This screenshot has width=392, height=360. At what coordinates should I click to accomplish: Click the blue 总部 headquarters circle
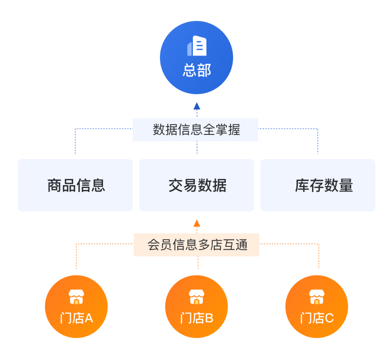pyautogui.click(x=197, y=58)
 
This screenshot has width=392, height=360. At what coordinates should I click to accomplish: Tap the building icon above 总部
pyautogui.click(x=197, y=46)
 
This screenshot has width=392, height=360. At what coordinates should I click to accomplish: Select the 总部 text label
pyautogui.click(x=197, y=71)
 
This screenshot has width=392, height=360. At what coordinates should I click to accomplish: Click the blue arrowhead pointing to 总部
pyautogui.click(x=197, y=106)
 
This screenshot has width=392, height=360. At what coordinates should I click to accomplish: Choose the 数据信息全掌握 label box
pyautogui.click(x=195, y=130)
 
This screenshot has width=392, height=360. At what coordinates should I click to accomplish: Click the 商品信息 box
pyautogui.click(x=75, y=185)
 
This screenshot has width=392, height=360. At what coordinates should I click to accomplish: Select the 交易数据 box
pyautogui.click(x=197, y=185)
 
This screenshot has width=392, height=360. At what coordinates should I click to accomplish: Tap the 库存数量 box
pyautogui.click(x=318, y=185)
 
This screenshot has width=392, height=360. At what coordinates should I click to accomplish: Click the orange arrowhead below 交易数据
pyautogui.click(x=197, y=223)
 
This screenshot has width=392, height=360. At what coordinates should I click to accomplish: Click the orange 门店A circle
pyautogui.click(x=76, y=307)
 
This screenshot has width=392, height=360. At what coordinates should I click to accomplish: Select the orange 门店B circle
pyautogui.click(x=197, y=307)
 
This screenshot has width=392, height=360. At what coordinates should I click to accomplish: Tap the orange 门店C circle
pyautogui.click(x=317, y=307)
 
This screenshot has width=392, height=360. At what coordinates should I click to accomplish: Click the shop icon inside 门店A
pyautogui.click(x=76, y=297)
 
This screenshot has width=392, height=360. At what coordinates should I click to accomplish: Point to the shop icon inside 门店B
pyautogui.click(x=197, y=297)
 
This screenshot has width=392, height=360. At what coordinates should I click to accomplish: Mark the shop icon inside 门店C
pyautogui.click(x=317, y=297)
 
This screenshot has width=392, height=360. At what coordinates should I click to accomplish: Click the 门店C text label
pyautogui.click(x=317, y=318)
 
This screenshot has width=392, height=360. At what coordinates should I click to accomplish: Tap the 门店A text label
pyautogui.click(x=76, y=318)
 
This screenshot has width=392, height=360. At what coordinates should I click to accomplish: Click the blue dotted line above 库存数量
pyautogui.click(x=318, y=141)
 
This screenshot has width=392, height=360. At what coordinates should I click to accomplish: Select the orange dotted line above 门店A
pyautogui.click(x=76, y=256)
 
